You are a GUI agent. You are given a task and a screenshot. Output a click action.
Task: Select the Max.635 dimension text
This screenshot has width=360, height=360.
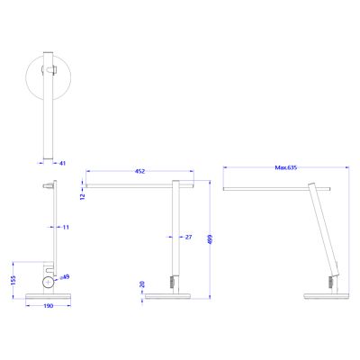pyautogui.click(x=286, y=167)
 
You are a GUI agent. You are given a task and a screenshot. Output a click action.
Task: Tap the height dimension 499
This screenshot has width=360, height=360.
pyautogui.click(x=209, y=238)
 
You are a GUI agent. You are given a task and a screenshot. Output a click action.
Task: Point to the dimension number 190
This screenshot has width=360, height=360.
pyautogui.click(x=49, y=306)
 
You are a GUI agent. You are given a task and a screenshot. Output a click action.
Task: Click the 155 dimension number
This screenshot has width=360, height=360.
pyautogui.click(x=13, y=279)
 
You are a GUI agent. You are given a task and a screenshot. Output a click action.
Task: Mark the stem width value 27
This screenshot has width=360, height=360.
pyautogui.click(x=188, y=238)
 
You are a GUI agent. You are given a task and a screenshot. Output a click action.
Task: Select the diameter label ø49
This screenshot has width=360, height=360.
pyautogui.click(x=65, y=277)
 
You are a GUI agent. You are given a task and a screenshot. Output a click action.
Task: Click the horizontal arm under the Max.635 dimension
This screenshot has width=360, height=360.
pyautogui.click(x=279, y=190)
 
